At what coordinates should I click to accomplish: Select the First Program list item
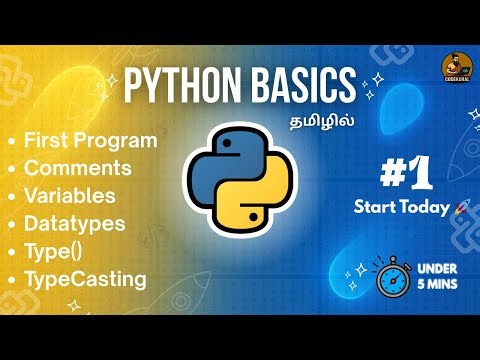(x=90, y=140)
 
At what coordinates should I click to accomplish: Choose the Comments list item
(x=77, y=167)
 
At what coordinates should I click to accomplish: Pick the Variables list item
(x=69, y=195)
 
